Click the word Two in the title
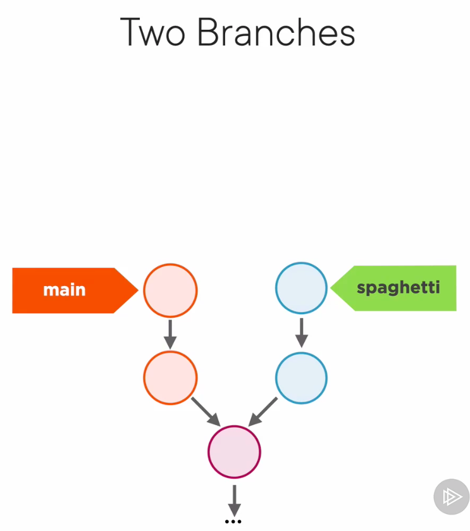click(x=153, y=32)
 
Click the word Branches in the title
click(x=276, y=32)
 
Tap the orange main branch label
click(x=70, y=290)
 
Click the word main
click(x=64, y=290)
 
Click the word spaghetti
click(x=398, y=288)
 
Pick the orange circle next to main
click(x=170, y=291)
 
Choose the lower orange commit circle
click(x=170, y=378)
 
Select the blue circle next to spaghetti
click(x=301, y=289)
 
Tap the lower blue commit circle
click(x=301, y=378)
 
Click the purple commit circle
click(x=234, y=452)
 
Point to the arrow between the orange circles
click(x=170, y=334)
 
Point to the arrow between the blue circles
click(x=301, y=332)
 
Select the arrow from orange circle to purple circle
click(x=205, y=411)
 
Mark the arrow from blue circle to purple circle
click(x=263, y=411)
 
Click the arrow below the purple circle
click(x=234, y=500)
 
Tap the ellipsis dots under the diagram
click(x=233, y=522)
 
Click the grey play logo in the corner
click(x=452, y=497)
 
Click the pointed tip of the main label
click(x=135, y=290)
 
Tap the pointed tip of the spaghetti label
click(x=333, y=289)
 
